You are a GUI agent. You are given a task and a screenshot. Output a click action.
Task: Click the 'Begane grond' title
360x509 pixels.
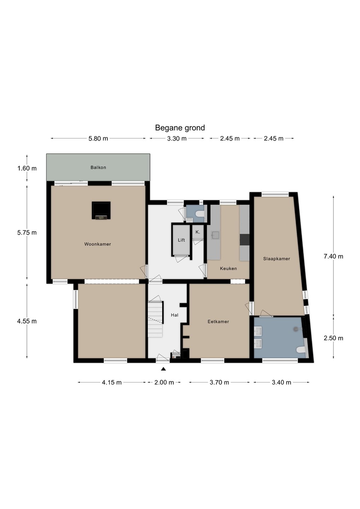point(180,128)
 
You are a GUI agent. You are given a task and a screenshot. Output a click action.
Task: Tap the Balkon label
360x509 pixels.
point(98,168)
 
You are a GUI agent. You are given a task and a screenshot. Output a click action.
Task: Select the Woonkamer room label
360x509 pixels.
point(98,244)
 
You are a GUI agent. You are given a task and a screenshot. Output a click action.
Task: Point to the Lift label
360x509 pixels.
point(181,240)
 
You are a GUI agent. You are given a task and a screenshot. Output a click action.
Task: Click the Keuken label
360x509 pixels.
point(228,268)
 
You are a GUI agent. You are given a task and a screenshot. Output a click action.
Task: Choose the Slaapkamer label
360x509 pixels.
point(277,259)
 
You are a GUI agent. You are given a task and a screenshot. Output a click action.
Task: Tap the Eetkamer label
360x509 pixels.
point(218,322)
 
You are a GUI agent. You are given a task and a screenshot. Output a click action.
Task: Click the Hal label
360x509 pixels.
point(175,315)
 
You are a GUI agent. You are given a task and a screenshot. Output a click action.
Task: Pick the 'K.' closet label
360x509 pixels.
point(198,232)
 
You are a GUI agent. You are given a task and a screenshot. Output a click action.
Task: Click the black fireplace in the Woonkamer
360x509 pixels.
point(101,210)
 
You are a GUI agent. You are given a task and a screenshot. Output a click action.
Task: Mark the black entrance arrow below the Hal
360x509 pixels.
point(163,369)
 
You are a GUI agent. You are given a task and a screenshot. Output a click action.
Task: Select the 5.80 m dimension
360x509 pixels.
point(98,139)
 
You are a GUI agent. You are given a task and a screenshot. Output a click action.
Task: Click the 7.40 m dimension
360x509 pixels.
point(334,256)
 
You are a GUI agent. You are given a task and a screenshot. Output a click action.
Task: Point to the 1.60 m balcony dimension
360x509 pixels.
point(27,168)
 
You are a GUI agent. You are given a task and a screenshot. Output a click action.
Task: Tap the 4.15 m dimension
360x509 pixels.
point(112,382)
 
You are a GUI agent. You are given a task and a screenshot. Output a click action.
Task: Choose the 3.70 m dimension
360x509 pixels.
point(219,382)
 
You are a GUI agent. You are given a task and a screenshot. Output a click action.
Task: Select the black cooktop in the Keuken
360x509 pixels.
point(244,240)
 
